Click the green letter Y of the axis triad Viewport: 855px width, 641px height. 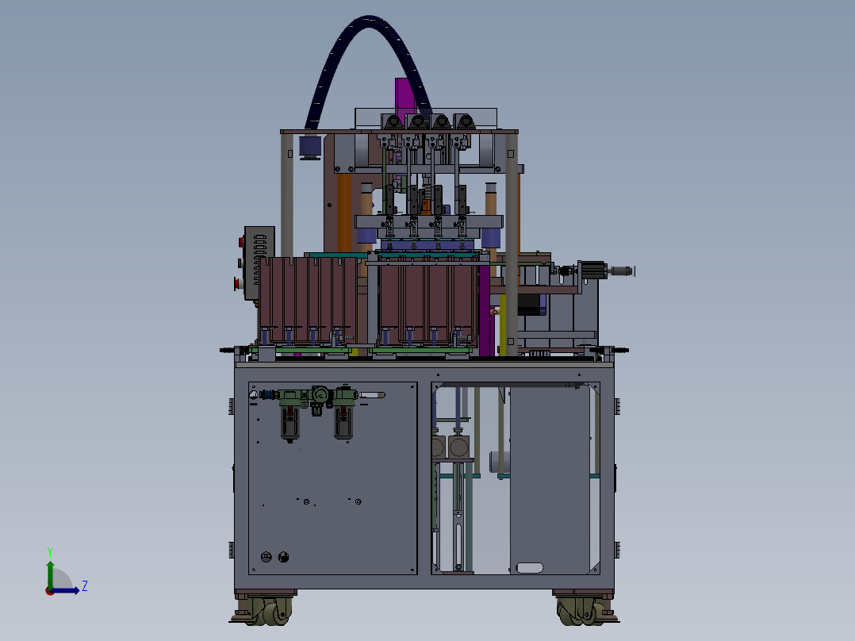[x=50, y=551]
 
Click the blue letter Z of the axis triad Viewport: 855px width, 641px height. [x=85, y=586]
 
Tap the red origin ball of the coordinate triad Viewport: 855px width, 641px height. [x=50, y=591]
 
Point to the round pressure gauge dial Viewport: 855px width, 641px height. [x=320, y=393]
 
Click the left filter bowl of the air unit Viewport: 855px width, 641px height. [x=289, y=421]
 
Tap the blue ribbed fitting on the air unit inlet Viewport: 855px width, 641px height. [x=268, y=394]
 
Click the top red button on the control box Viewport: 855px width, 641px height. [x=240, y=242]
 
